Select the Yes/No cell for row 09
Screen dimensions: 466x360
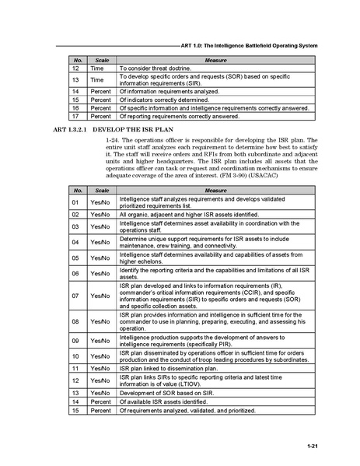[x=100, y=341]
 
